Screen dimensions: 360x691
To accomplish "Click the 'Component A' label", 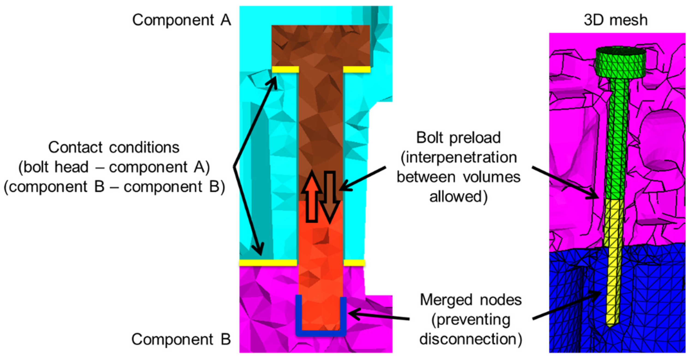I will [182, 20].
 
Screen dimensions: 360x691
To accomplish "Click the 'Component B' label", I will [181, 339].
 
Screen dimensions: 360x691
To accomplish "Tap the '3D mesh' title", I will [616, 20].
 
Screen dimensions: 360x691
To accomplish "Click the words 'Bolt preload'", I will [458, 138].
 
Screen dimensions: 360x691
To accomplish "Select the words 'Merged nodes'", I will [471, 300].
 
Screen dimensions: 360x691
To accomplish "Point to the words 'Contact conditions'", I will [114, 147].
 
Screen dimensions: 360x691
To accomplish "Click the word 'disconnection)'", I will [471, 339].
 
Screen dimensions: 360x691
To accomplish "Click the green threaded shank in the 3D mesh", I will [618, 139].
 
